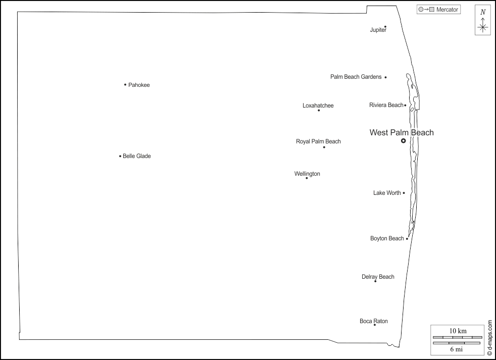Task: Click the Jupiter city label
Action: (x=378, y=30)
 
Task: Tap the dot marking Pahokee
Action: (x=125, y=84)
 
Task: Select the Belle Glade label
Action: (x=137, y=157)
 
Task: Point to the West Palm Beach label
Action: (x=402, y=133)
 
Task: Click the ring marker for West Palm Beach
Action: (x=403, y=141)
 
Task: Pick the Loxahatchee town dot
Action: (x=319, y=110)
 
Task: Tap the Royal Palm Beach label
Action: (x=318, y=142)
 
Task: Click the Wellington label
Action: (x=307, y=174)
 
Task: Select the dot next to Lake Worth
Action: (x=404, y=193)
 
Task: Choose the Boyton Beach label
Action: (x=387, y=239)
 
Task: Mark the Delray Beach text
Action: (x=378, y=277)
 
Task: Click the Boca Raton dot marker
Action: (x=374, y=325)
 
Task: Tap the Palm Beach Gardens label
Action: (x=356, y=77)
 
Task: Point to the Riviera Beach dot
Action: (x=405, y=106)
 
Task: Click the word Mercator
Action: (x=448, y=10)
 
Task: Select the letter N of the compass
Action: (x=483, y=12)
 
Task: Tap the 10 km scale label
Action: (x=458, y=331)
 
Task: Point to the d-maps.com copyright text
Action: (x=489, y=337)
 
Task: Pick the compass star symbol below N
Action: (x=483, y=27)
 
